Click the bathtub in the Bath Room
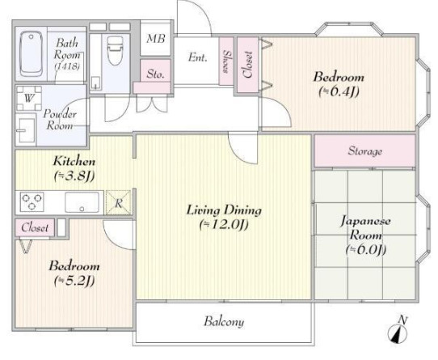coord(32,54)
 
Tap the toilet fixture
coord(115,51)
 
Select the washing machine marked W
coord(29,98)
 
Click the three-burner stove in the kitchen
coord(32,201)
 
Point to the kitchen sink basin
coord(82,202)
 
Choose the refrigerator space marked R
coord(119,202)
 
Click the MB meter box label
coord(156,39)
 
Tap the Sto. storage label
coord(155,74)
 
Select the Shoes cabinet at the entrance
coord(226,61)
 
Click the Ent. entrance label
coord(197,57)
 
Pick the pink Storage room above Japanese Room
coord(364,151)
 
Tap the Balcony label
coord(224,321)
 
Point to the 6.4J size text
coord(339,91)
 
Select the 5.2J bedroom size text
coord(74,281)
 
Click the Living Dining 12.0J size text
coord(224,225)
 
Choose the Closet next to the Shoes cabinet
coord(248,65)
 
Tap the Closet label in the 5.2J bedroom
coord(35,227)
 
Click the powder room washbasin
coord(25,129)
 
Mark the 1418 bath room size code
coord(67,66)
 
